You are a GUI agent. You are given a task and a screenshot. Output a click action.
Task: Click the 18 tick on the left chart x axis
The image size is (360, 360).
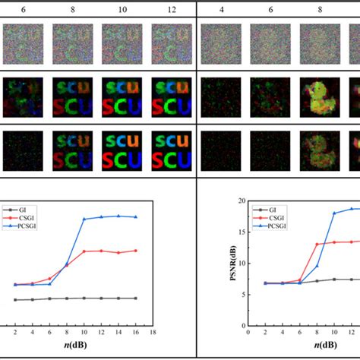click(152, 332)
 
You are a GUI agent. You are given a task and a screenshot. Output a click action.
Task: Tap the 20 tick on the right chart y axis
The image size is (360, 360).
click(240, 201)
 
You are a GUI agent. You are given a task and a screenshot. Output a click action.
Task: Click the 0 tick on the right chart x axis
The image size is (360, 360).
click(248, 332)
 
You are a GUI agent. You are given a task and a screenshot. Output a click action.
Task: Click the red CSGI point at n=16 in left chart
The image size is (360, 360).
click(135, 251)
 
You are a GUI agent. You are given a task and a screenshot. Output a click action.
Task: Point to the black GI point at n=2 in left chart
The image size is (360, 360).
click(15, 300)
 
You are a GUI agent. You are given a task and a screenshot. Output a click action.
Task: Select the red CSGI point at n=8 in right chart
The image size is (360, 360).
click(317, 245)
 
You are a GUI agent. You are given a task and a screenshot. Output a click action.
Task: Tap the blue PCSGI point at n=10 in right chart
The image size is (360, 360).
click(333, 213)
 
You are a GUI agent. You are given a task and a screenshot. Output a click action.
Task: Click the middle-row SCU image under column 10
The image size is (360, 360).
click(119, 93)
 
